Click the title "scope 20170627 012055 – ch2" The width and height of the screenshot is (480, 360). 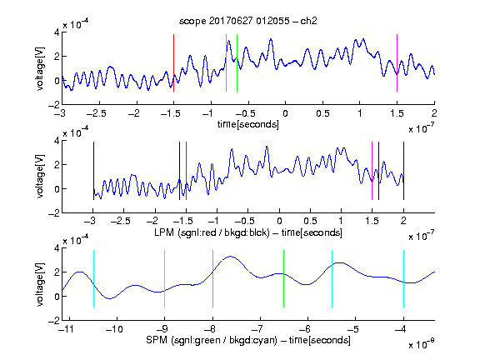(x=248, y=21)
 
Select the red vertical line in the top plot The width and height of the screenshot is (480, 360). (x=174, y=62)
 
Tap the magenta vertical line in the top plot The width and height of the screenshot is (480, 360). (x=397, y=62)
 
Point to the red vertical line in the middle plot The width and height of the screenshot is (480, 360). (x=186, y=171)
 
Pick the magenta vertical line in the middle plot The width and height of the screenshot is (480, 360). (x=372, y=171)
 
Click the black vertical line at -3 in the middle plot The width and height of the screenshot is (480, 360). (x=93, y=171)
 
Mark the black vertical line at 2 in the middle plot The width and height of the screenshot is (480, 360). (x=403, y=171)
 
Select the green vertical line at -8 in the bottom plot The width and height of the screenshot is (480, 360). (x=212, y=278)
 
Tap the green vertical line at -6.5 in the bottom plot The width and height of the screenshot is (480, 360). (x=284, y=278)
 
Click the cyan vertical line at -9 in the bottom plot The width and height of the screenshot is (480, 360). (x=165, y=278)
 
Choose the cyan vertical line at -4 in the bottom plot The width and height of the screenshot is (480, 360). (x=404, y=278)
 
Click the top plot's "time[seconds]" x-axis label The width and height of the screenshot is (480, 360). (x=248, y=124)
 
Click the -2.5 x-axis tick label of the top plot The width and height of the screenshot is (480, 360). (x=96, y=113)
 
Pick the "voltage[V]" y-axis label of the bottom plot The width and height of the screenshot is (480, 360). (x=40, y=284)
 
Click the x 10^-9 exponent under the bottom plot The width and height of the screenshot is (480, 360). (x=422, y=344)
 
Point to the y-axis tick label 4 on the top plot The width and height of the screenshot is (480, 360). (x=57, y=32)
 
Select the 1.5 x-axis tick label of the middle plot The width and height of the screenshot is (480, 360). (x=372, y=221)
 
